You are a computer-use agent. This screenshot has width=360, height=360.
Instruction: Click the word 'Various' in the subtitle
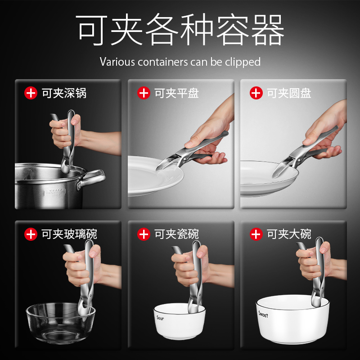117,62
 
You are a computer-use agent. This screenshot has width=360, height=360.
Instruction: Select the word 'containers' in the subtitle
163,62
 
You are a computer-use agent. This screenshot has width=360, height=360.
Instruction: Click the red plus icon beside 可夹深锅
31,93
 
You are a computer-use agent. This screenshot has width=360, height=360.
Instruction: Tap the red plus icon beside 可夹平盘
144,93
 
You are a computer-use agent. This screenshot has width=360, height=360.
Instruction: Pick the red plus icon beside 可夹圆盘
256,93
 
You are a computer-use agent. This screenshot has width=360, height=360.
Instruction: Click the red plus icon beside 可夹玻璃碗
31,234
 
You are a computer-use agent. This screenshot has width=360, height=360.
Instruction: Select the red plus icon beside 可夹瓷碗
144,234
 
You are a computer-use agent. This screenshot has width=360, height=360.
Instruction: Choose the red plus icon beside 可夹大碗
256,234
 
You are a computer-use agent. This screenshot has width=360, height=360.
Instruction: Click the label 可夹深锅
64,93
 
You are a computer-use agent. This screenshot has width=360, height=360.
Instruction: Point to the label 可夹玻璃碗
69,234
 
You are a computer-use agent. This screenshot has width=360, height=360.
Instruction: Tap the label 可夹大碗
289,234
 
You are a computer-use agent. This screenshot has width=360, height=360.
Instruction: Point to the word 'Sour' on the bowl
160,318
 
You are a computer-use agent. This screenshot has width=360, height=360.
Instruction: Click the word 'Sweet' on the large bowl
263,314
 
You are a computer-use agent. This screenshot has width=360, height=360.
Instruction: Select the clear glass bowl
60,323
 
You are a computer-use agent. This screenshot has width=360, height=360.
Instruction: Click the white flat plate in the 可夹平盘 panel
155,175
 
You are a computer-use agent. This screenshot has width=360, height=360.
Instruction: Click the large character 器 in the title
268,29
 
